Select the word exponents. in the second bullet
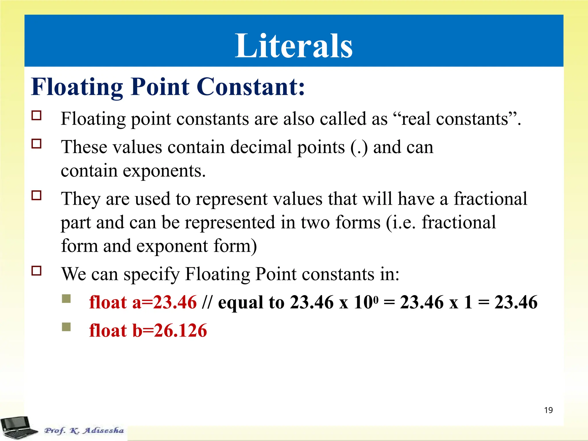coord(164,171)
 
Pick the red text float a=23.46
coord(143,302)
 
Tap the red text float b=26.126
coord(148,330)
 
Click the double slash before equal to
coord(207,302)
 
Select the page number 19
coord(548,410)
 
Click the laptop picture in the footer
coord(19,428)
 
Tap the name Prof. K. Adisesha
coord(84,430)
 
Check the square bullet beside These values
coord(36,144)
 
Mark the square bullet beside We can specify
coord(36,271)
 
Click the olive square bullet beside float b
coord(66,327)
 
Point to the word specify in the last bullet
coord(151,274)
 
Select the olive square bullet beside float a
coord(66,299)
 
